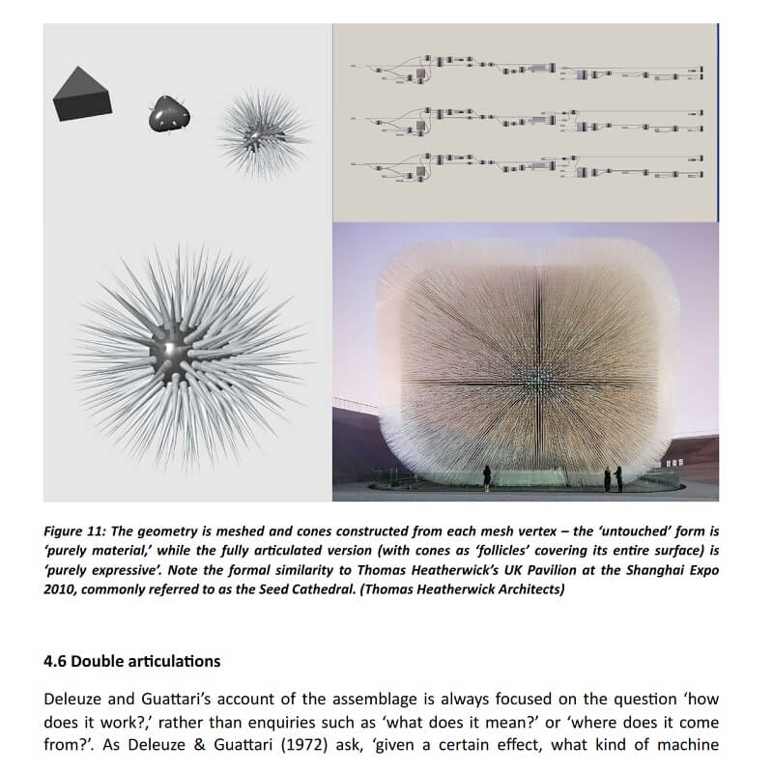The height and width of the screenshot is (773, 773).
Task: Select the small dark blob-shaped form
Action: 170,114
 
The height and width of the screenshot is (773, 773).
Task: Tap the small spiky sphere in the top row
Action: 263,129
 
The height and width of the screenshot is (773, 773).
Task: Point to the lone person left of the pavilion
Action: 486,476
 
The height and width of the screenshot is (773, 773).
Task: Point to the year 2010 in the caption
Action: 61,588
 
